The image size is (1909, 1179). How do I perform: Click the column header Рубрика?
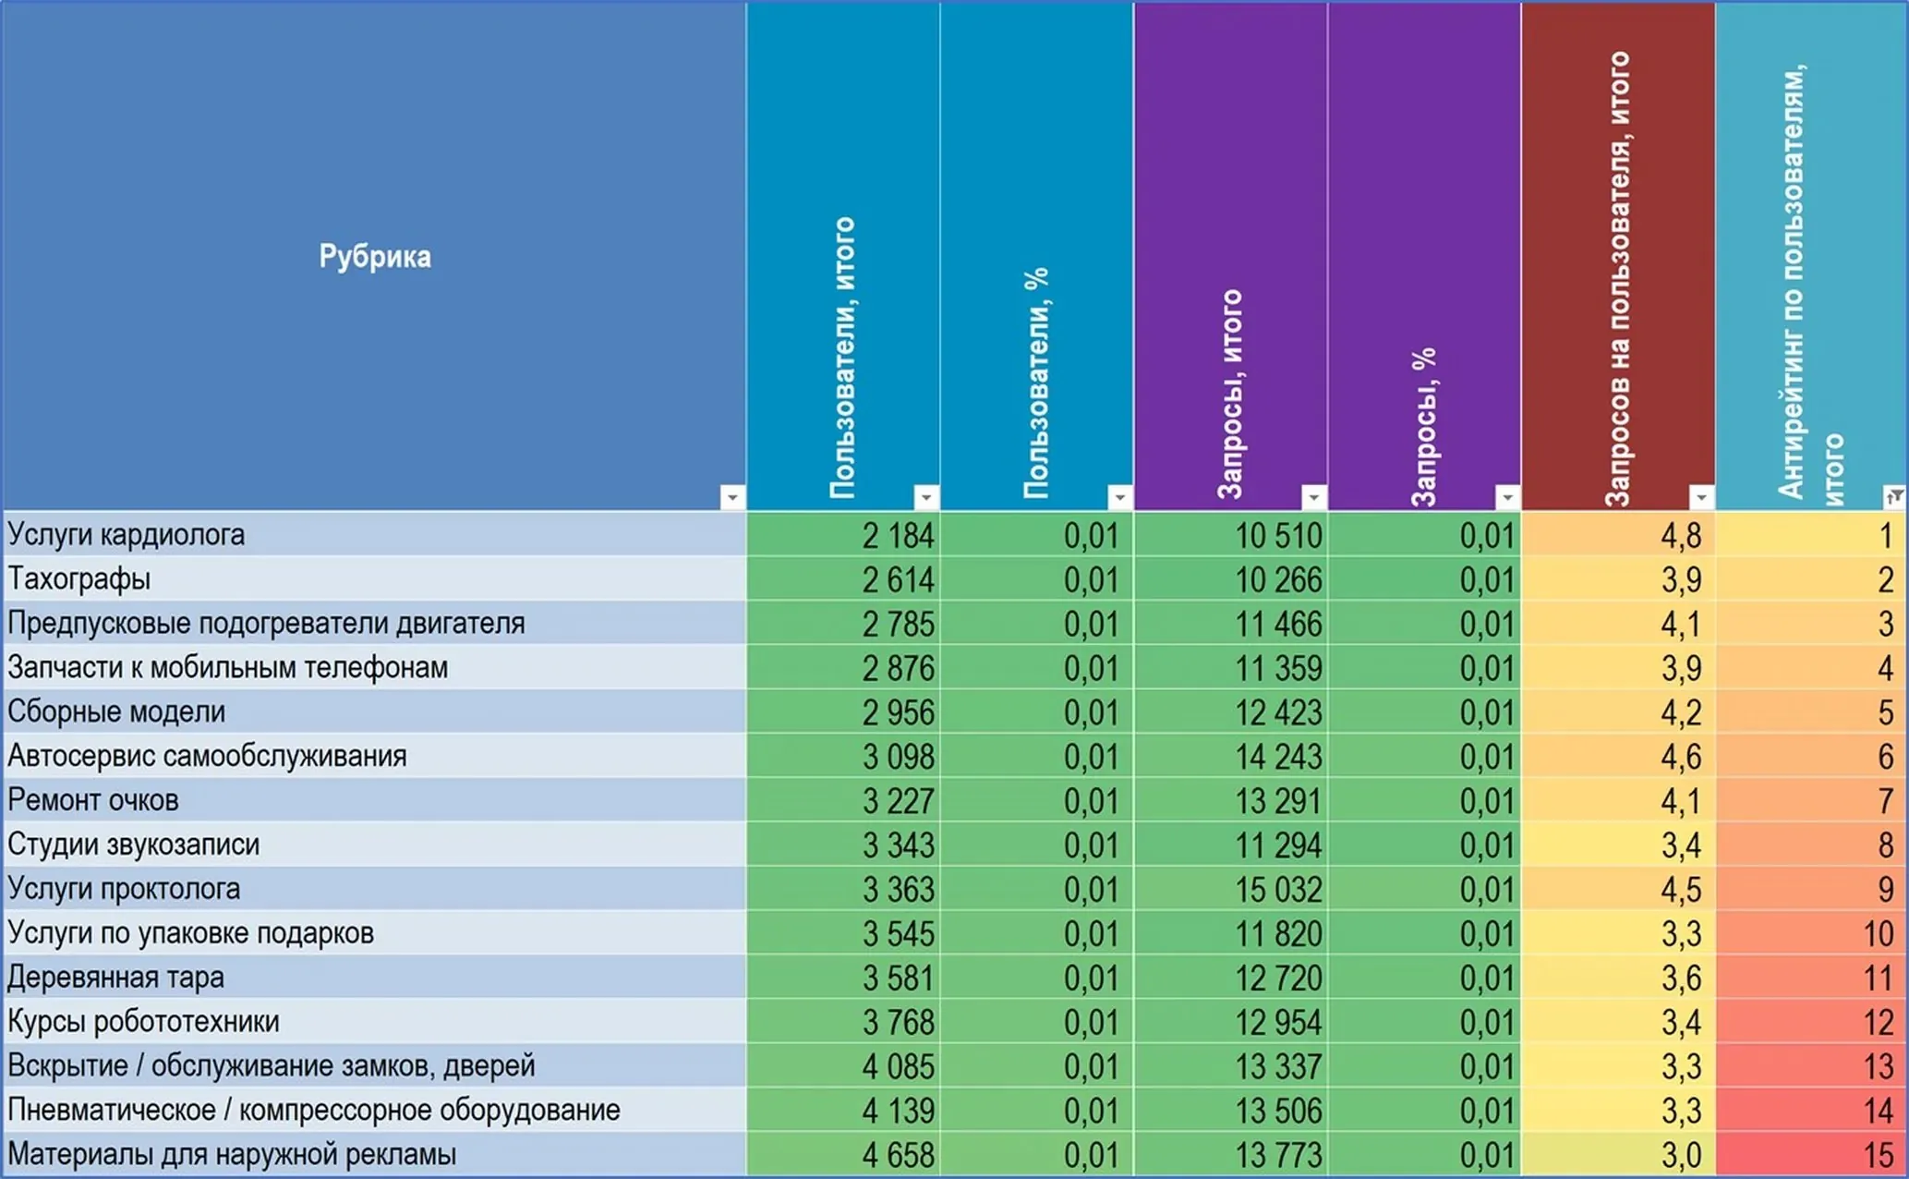pos(375,256)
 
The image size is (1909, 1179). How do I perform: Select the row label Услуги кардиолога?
pos(127,535)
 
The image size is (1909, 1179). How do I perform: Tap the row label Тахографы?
pos(79,579)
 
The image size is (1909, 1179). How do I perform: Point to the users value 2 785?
pos(898,625)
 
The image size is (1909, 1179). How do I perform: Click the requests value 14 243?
pos(1278,758)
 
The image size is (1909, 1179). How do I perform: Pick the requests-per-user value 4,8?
pos(1681,536)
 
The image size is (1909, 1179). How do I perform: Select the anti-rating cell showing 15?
pos(1878,1155)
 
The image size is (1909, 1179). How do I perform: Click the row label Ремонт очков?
pos(93,800)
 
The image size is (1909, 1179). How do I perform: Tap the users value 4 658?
pos(898,1155)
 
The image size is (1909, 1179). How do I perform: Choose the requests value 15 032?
pos(1278,890)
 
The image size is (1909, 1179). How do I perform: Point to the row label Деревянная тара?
pos(116,978)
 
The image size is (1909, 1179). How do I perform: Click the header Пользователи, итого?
pos(842,359)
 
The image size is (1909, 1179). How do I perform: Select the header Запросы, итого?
pos(1230,395)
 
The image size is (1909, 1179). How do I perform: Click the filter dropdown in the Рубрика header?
pos(732,497)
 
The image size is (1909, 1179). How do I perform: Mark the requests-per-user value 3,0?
pos(1681,1155)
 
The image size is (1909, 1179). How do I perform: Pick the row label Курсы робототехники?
pos(143,1022)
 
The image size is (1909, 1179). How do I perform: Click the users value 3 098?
pos(898,758)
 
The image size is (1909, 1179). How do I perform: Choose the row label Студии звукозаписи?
pos(134,845)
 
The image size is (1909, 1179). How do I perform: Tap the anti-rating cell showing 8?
pos(1885,845)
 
